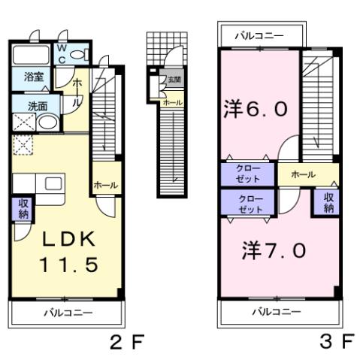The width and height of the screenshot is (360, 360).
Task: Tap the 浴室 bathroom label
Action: tap(32, 77)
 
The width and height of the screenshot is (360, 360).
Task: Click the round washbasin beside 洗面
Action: tap(48, 123)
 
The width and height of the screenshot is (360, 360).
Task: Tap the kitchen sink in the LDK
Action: tap(54, 184)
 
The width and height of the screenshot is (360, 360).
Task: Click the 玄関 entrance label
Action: tap(174, 80)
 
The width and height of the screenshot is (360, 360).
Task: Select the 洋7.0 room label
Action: tap(274, 250)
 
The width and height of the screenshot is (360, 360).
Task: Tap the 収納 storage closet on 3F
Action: tap(328, 202)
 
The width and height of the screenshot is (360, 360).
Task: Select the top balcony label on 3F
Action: tap(259, 35)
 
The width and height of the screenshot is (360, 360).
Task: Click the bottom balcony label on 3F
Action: tap(276, 311)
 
